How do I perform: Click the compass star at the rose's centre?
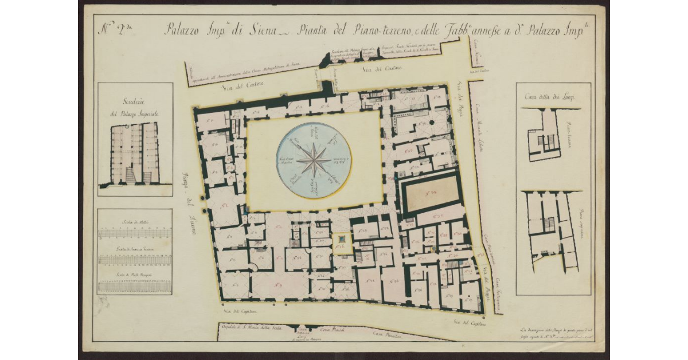(x=314, y=160)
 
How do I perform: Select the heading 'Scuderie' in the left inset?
(x=135, y=103)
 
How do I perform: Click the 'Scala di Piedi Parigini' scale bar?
(x=135, y=285)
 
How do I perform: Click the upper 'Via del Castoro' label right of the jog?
(x=382, y=69)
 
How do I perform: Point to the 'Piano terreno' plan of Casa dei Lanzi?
(x=544, y=135)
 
